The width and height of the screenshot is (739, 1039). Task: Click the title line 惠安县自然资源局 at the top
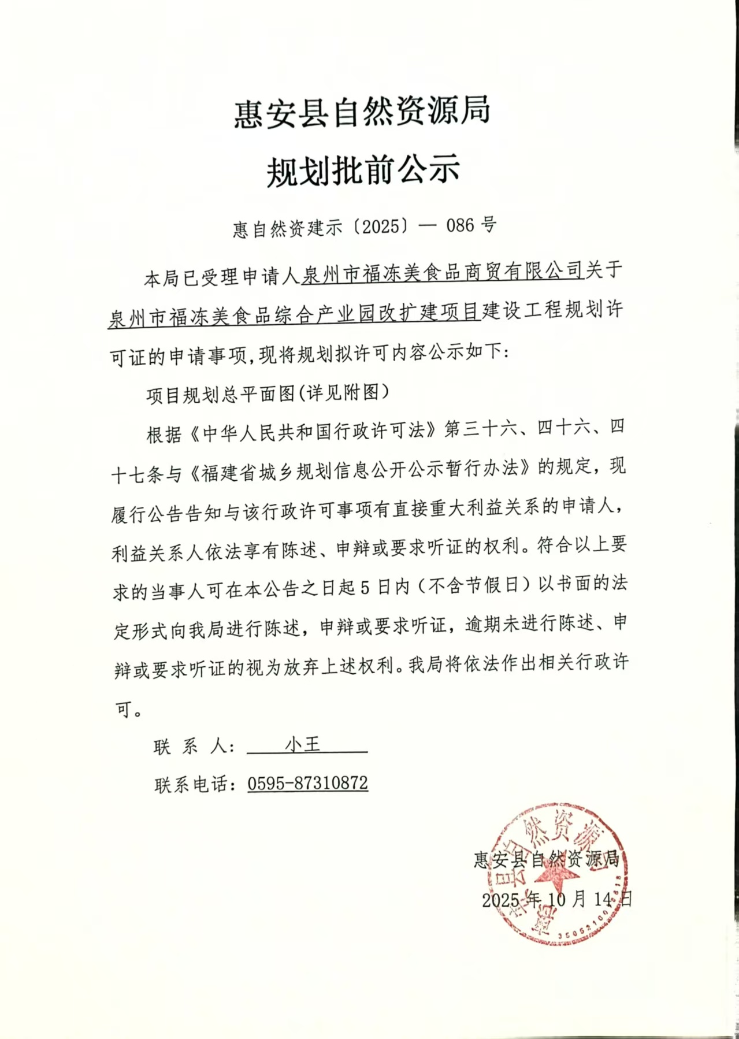pos(362,111)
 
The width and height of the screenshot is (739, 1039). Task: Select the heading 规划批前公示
pos(363,170)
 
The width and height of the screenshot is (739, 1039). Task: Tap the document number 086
pos(460,225)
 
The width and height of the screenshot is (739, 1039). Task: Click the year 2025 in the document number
pos(381,226)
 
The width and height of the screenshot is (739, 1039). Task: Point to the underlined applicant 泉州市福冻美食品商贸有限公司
pos(443,272)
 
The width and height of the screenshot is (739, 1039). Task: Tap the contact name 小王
pos(303,744)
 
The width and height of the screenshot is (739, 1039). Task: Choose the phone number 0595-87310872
pos(307,784)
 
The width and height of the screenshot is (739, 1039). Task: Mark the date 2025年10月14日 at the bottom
pos(557,899)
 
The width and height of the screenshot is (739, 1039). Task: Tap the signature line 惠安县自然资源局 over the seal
pos(547,859)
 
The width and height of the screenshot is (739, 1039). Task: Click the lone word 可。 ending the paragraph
pos(129,708)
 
